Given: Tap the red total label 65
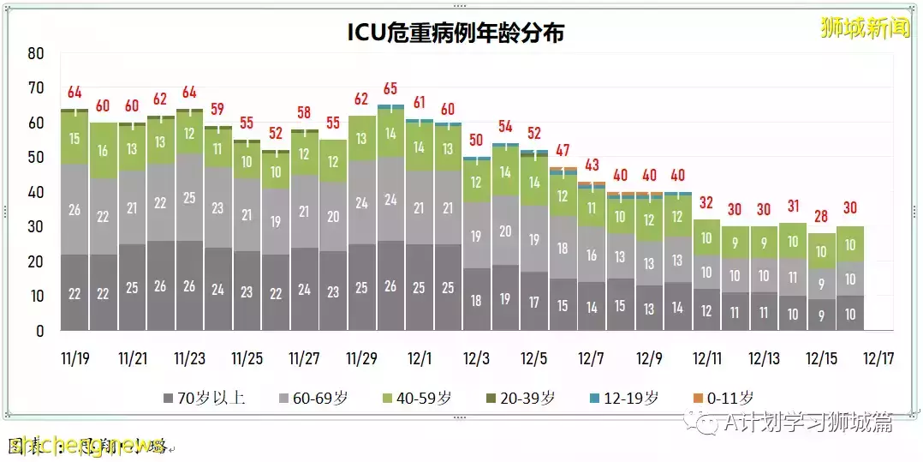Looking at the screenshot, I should [x=390, y=88].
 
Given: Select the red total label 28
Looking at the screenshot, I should [x=822, y=215].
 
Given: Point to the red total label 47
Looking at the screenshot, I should [x=563, y=151].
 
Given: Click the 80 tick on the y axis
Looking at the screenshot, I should [x=35, y=53].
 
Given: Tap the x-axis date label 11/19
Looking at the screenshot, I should [x=74, y=357].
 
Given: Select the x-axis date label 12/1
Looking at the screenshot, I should [x=420, y=357].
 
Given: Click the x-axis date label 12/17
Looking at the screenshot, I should [x=879, y=357].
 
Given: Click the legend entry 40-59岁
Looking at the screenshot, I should [x=420, y=399].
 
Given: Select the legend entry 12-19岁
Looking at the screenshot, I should [x=627, y=399].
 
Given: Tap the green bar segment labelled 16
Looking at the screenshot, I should [x=104, y=151].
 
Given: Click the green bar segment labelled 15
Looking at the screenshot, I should [x=74, y=139].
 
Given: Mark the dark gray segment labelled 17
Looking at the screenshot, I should [x=534, y=302].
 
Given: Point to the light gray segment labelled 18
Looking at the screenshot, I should [x=563, y=249].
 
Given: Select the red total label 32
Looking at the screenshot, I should [x=707, y=203].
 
